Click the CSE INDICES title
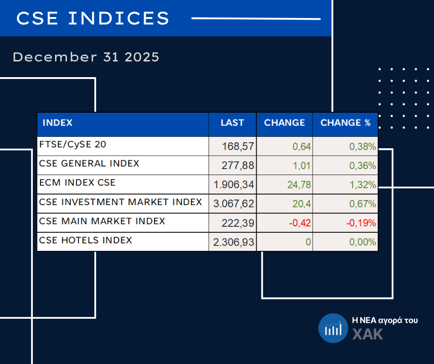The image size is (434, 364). (x=93, y=18)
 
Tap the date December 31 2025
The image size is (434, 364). (x=86, y=57)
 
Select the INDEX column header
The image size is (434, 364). (x=58, y=123)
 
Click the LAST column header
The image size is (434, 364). (x=232, y=123)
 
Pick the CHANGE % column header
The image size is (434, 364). (x=345, y=123)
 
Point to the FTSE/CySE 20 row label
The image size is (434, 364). (x=73, y=145)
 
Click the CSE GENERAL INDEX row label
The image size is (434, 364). (x=90, y=164)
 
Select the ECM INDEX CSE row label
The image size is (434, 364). (x=78, y=183)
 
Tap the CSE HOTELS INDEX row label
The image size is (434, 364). (x=86, y=240)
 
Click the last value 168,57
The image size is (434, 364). (x=238, y=147)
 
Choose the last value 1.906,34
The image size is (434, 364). (x=234, y=185)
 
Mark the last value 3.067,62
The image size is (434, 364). (x=234, y=204)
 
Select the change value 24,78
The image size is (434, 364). (x=299, y=185)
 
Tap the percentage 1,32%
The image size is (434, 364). (x=362, y=185)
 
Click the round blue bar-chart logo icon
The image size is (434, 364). (x=332, y=328)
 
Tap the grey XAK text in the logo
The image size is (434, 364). (x=368, y=334)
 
